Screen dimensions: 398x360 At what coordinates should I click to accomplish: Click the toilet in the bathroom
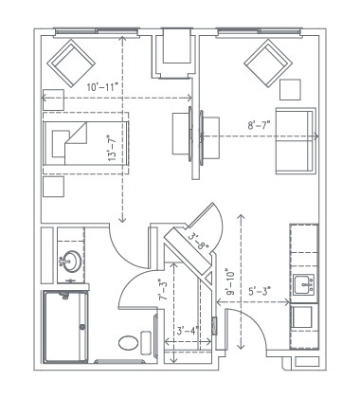click(x=134, y=342)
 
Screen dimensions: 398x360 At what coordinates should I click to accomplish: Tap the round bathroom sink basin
click(x=71, y=261)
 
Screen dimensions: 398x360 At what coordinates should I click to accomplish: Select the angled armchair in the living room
click(x=267, y=64)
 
